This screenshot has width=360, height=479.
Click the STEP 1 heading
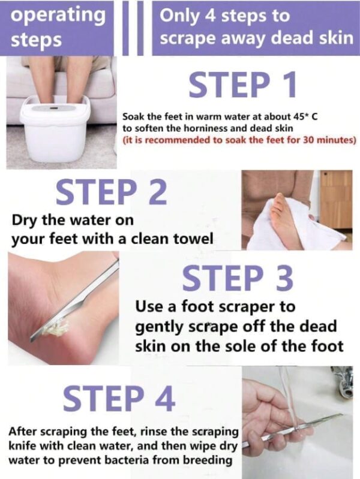(x=242, y=85)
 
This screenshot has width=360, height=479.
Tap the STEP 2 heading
(x=112, y=192)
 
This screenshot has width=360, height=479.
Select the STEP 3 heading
(x=238, y=278)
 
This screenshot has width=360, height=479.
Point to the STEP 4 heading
(x=119, y=397)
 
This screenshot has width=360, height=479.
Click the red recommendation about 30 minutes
(x=239, y=140)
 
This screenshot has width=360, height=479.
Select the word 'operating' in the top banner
(x=58, y=16)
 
